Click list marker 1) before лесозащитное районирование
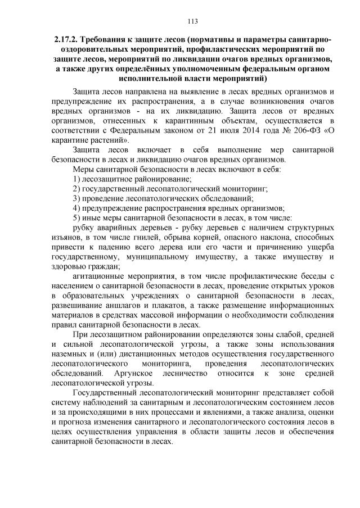76,179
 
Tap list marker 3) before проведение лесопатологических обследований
76,198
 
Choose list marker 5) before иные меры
76,218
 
